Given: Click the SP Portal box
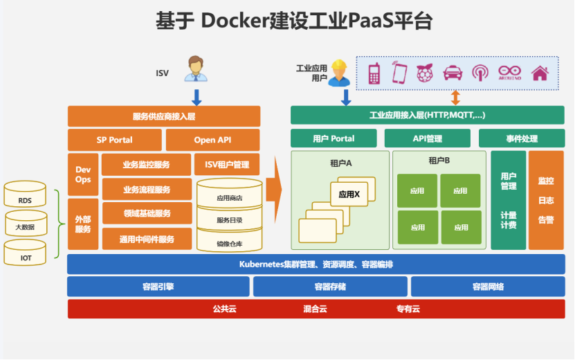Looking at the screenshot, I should point(114,140).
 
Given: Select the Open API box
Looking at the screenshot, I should point(212,140).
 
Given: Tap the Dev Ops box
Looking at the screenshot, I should point(83,174).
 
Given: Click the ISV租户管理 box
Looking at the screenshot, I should point(226,165).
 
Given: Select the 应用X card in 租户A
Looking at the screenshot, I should point(349,195).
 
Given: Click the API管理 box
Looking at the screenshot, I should point(428,138).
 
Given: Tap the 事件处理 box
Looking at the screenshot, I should point(521,138).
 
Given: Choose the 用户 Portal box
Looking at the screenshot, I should point(334,138).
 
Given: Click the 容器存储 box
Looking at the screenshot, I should point(329,287).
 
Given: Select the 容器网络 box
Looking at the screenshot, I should point(488,287).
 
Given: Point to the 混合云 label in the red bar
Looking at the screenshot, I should point(315,309).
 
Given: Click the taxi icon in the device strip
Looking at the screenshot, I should point(453,73).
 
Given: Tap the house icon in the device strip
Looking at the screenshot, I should point(540,73).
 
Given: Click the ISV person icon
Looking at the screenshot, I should point(196,69).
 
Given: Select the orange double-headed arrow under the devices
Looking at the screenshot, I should point(455,96).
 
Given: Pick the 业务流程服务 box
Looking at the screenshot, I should point(147,189).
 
